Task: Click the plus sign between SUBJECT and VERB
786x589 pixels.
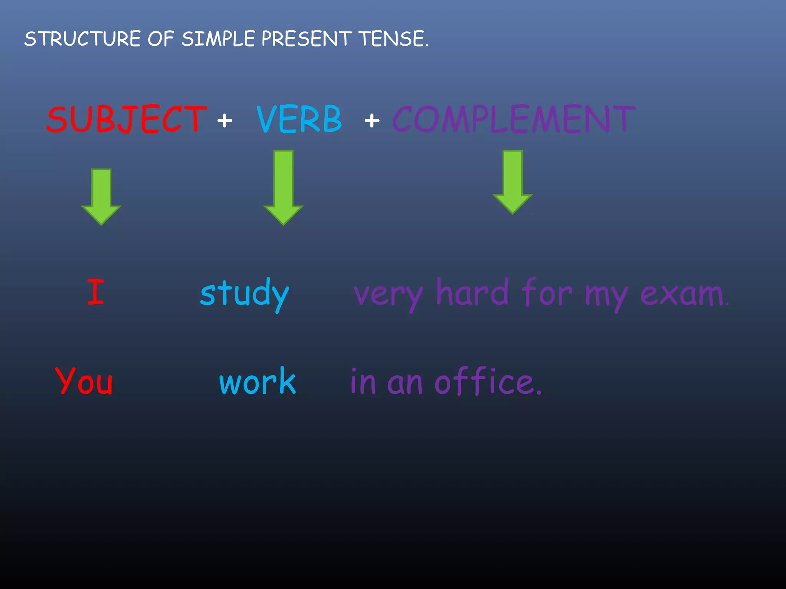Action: tap(225, 121)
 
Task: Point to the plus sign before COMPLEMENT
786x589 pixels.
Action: tap(372, 121)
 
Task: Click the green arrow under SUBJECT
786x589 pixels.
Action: tap(101, 196)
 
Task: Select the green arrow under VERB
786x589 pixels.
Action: tap(283, 187)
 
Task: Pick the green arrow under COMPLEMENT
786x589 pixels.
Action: tap(512, 182)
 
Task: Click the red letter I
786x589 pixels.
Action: tap(96, 292)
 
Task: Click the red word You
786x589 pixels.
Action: tap(84, 381)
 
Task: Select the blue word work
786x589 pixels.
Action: tap(258, 381)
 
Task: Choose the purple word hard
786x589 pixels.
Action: tap(472, 293)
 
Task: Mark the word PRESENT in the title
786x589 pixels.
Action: tap(306, 39)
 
